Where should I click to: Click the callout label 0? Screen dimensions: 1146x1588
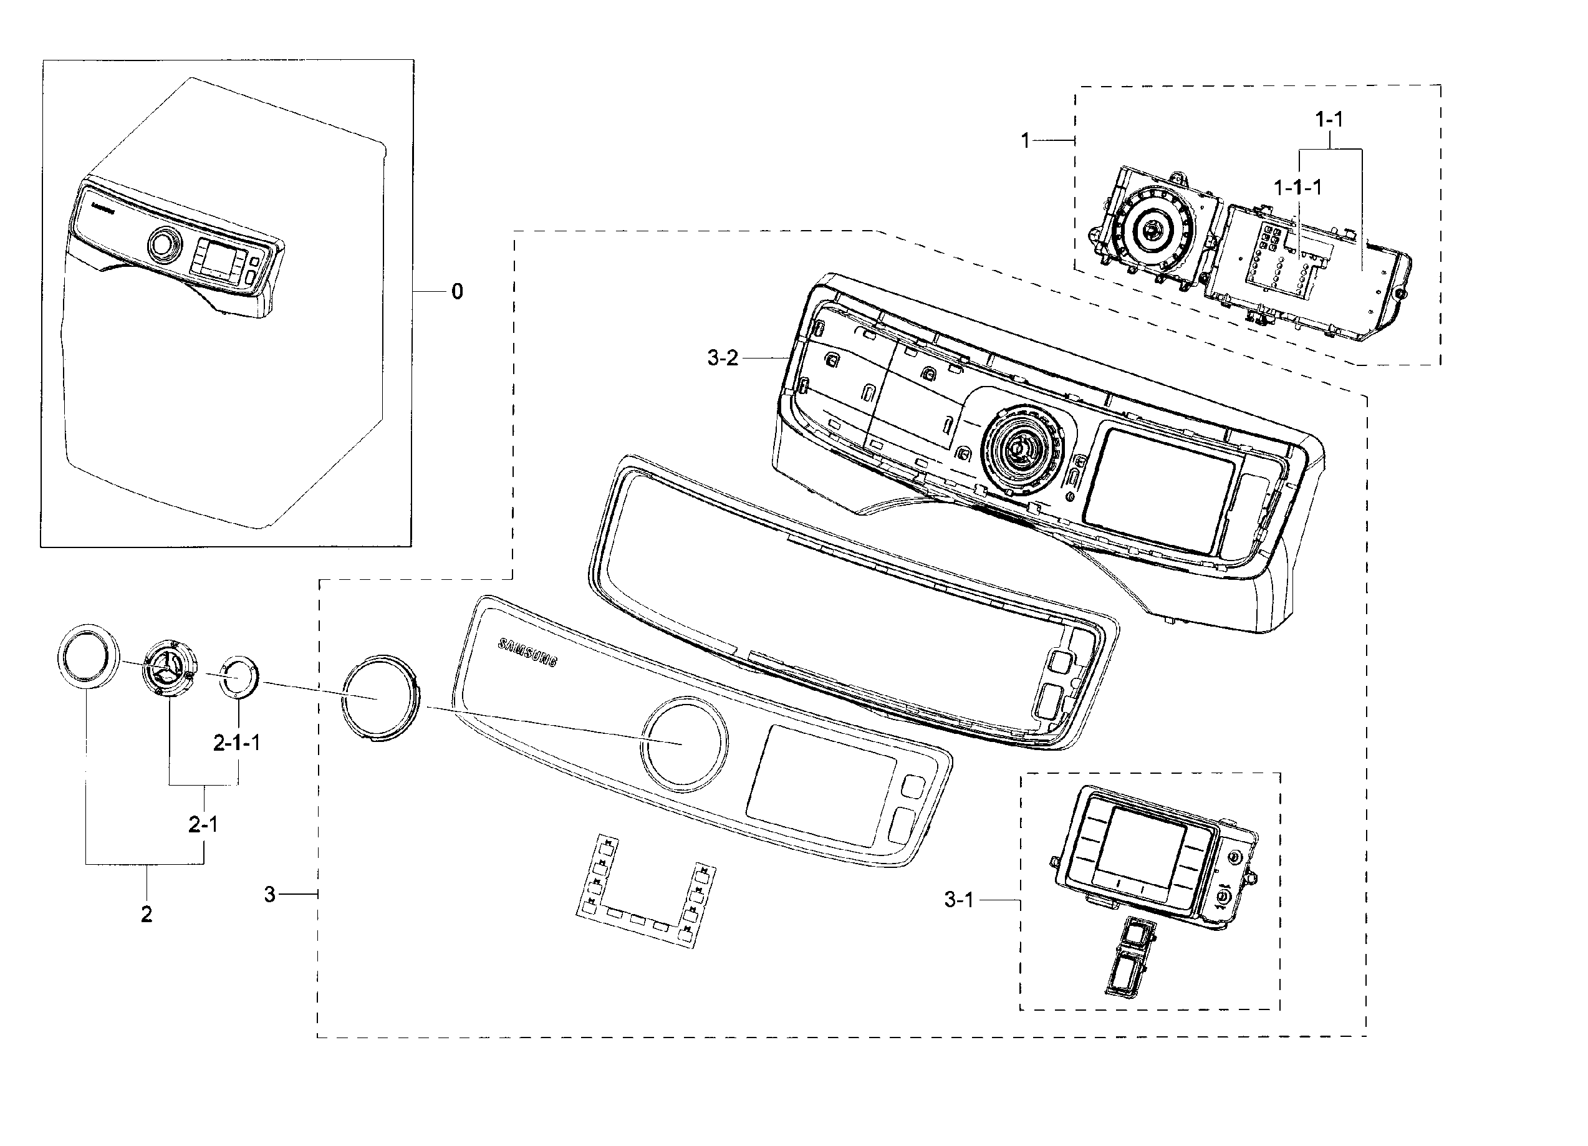pyautogui.click(x=456, y=292)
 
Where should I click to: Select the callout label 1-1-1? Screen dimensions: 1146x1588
pyautogui.click(x=1297, y=188)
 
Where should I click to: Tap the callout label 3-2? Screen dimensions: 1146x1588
pyautogui.click(x=723, y=359)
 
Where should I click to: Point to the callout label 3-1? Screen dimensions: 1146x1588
pyautogui.click(x=958, y=900)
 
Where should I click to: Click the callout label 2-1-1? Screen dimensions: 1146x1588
pyautogui.click(x=237, y=743)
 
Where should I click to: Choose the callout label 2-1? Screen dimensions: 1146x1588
pyautogui.click(x=203, y=825)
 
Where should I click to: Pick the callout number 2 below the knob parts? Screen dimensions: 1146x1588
pyautogui.click(x=147, y=914)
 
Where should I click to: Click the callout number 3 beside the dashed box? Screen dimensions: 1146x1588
pyautogui.click(x=269, y=894)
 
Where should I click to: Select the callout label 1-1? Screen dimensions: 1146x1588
pyautogui.click(x=1329, y=120)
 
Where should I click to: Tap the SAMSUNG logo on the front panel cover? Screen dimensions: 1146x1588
pyautogui.click(x=527, y=652)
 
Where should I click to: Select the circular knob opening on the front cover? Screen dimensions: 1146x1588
pyautogui.click(x=683, y=744)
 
